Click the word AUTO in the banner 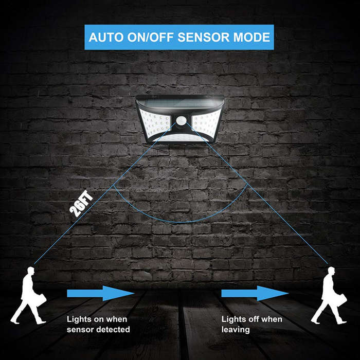[106, 37]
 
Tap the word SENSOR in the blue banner [203, 37]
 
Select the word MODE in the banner [251, 37]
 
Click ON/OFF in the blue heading [150, 37]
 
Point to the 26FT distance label [81, 204]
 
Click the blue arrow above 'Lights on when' [101, 293]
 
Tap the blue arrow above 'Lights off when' [255, 293]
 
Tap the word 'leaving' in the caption [236, 330]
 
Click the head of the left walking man [31, 270]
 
